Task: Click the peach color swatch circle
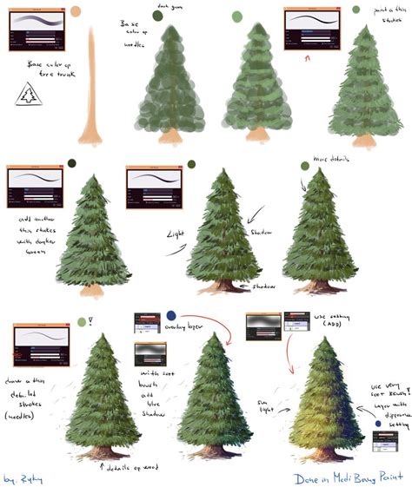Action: coord(76,11)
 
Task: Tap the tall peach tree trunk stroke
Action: coord(92,87)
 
